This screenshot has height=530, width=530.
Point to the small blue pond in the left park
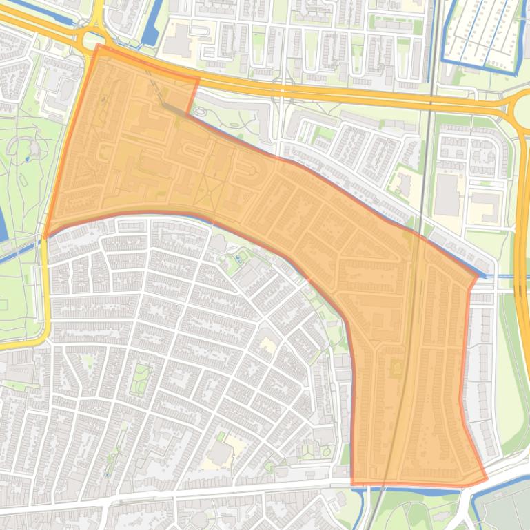point(27,159)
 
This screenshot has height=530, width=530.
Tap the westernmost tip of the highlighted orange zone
point(45,237)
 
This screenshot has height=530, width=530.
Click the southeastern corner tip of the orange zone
point(487,479)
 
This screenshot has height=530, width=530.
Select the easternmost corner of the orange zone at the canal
point(477,277)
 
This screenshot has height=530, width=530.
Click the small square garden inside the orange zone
point(397,369)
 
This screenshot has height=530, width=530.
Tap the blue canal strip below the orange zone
point(414,489)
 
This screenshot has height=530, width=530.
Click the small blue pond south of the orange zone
point(238,258)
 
